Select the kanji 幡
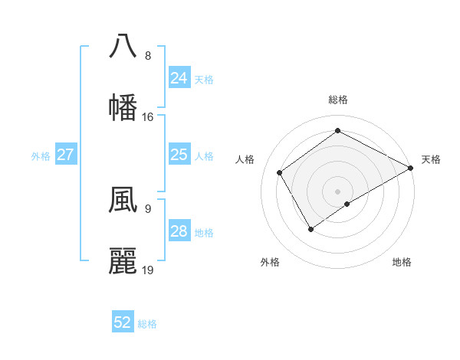pos(123,106)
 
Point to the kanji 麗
pos(123,261)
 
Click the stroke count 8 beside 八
pos(148,56)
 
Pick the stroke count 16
pos(148,117)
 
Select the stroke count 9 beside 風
pos(148,208)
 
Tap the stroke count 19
pos(148,270)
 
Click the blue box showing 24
pos(179,78)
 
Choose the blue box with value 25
pos(179,155)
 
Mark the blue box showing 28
pos(179,231)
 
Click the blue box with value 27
pos(66,155)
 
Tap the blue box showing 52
pos(123,322)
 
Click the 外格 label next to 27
pos(41,155)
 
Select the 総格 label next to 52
pos(147,323)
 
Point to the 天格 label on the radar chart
pos(431,159)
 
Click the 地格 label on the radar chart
pos(402,262)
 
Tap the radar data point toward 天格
pos(411,168)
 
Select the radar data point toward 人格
pos(280,172)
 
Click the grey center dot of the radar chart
pos(337,191)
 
